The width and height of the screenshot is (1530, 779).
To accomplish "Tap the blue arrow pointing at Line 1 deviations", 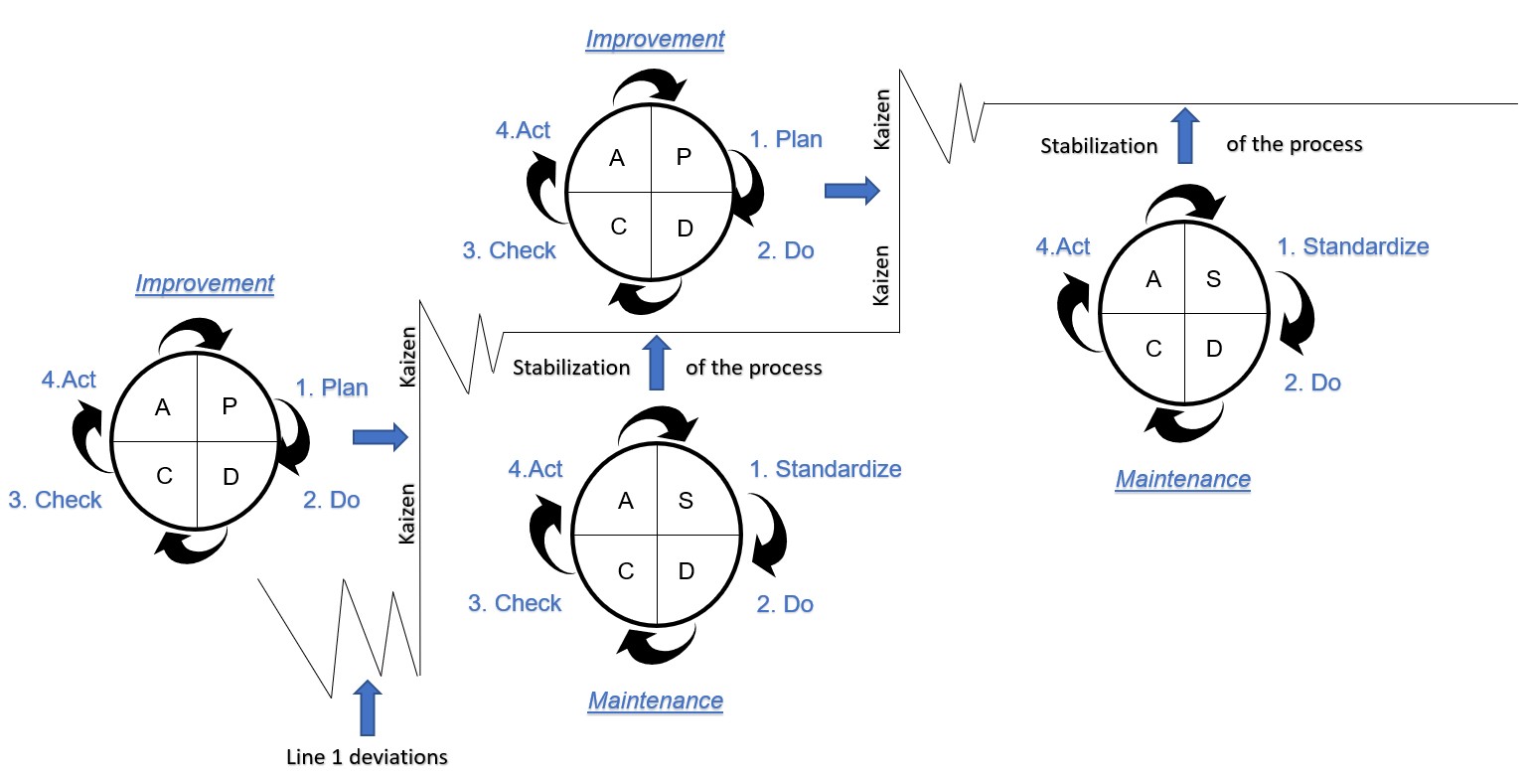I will click(x=368, y=706).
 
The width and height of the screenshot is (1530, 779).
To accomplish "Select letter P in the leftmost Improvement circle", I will click(x=229, y=405).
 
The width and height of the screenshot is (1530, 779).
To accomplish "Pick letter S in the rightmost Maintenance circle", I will click(x=1213, y=279).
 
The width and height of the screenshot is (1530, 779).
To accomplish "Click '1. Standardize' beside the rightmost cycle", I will click(x=1353, y=246).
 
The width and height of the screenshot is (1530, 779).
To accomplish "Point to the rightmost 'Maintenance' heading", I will click(x=1182, y=479).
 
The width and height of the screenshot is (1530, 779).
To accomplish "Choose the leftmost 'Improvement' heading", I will click(x=205, y=283).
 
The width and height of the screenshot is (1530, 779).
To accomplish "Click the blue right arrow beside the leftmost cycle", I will click(x=381, y=435).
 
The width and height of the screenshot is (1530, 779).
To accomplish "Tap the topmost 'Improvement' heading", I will click(x=655, y=40).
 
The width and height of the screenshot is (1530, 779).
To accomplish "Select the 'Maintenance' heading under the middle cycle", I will click(x=656, y=701).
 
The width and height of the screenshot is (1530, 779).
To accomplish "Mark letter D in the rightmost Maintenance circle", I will click(x=1213, y=349).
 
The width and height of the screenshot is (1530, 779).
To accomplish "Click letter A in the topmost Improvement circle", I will click(x=617, y=157).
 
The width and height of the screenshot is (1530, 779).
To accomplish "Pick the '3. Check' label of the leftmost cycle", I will click(x=55, y=500).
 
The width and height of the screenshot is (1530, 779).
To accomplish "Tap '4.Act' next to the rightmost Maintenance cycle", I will click(x=1063, y=245).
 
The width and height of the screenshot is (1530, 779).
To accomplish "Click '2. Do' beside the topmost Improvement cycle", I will click(x=786, y=250).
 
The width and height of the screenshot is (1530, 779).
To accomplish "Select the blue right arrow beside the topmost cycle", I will click(x=852, y=190).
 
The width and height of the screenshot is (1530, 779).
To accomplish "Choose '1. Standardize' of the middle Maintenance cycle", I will click(x=826, y=469).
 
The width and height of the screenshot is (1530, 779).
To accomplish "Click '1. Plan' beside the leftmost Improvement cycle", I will click(x=332, y=388).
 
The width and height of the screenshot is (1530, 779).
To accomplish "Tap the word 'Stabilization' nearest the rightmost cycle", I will click(x=1099, y=146).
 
